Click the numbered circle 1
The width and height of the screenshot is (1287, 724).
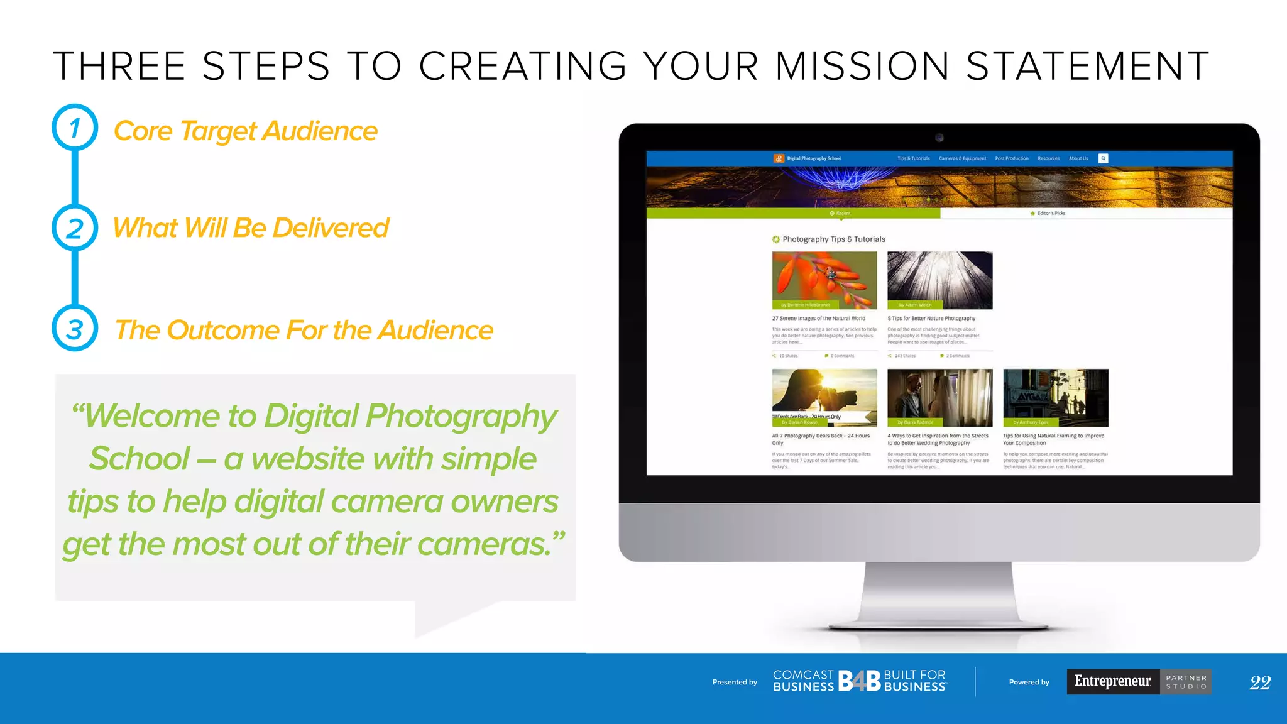(75, 128)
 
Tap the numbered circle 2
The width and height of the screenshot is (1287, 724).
(75, 228)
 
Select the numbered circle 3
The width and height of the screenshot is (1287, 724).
(75, 329)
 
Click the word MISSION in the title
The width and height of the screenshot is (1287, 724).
(862, 67)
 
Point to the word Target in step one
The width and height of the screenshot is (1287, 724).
(217, 131)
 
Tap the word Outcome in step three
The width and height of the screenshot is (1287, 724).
(222, 331)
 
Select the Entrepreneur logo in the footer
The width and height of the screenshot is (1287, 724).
(1112, 681)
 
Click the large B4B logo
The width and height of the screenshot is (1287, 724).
(859, 681)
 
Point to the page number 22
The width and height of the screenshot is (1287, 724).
(1259, 683)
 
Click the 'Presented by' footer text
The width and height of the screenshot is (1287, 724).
(735, 683)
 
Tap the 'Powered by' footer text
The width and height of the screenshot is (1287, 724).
(1029, 683)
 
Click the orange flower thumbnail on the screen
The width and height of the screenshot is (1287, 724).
(824, 280)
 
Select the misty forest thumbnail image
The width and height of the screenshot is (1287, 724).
(939, 280)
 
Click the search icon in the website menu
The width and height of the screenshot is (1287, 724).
(1103, 158)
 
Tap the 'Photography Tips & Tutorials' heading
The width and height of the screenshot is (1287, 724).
(833, 239)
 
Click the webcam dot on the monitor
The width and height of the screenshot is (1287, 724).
(939, 138)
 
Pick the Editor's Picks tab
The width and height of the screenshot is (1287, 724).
(1051, 214)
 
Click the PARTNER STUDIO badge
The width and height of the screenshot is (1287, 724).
(1186, 682)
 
